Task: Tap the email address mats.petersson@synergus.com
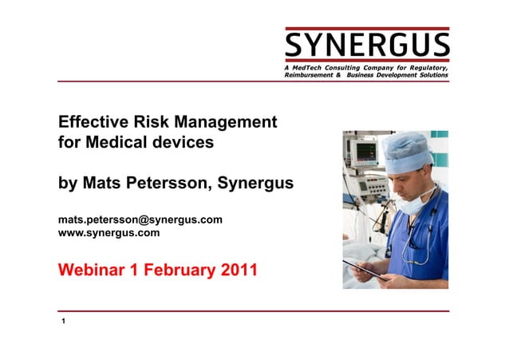point(140,220)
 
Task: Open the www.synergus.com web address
point(109,233)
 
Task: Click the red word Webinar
point(90,270)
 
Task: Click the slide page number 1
point(63,322)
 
